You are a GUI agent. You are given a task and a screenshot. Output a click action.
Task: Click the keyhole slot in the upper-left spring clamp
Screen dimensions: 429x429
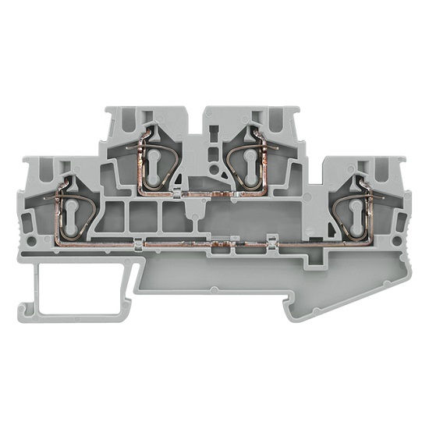coord(154,160)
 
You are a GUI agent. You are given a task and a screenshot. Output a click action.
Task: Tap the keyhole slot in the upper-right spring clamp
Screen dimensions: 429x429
coord(250,160)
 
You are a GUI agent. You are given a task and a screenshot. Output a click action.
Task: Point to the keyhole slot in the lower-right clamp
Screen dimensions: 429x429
coord(357,212)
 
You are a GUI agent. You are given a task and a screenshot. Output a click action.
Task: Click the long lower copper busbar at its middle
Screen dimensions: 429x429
coord(211,246)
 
